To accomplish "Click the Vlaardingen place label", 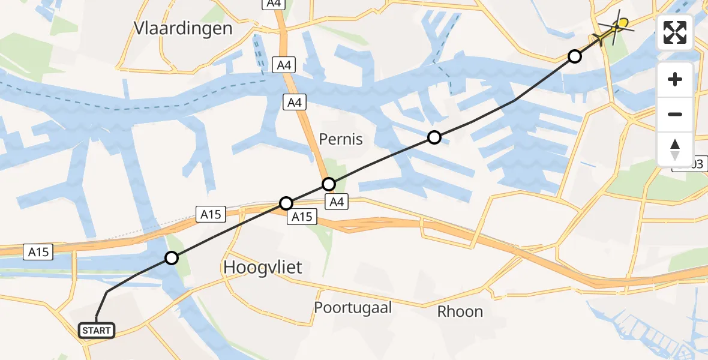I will coord(183,28).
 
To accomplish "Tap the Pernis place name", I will coord(341,139).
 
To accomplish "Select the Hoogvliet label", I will coord(263,268).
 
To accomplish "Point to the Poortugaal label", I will coord(353,308).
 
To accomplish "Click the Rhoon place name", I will coord(460,311).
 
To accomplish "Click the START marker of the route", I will coord(96,331).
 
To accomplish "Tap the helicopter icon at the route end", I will coord(617,27).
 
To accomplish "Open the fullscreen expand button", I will coord(675,32).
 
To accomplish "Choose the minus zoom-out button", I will coord(675,114).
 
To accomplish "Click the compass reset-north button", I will coord(675,149).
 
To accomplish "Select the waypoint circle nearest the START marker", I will coord(172,258).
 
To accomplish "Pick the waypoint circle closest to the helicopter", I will coord(575,56).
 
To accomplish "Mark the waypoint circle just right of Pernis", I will coord(434,137).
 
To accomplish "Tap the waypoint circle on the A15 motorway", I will coord(287,203).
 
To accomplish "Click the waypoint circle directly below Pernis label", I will coord(329,184).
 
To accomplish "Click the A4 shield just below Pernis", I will coord(337,202).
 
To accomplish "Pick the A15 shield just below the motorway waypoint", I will coord(301,217).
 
